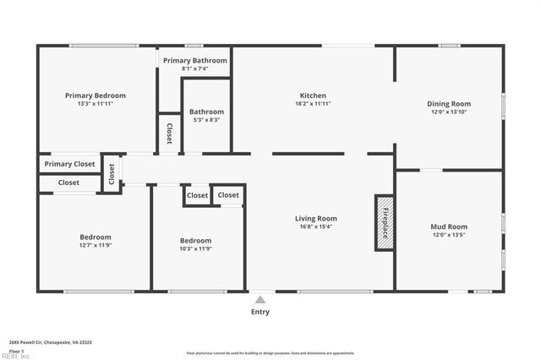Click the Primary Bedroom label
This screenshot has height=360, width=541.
click(96, 95)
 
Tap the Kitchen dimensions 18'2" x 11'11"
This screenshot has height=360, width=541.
click(313, 104)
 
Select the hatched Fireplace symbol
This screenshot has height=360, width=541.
click(385, 222)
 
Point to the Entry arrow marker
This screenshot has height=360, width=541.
click(260, 298)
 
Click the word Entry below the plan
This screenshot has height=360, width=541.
click(260, 312)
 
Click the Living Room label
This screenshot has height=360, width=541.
click(315, 218)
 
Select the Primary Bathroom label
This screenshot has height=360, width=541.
click(195, 61)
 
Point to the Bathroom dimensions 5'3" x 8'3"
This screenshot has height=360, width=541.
click(206, 121)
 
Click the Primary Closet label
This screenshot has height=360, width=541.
click(69, 164)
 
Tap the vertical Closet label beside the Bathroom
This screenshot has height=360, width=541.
click(169, 134)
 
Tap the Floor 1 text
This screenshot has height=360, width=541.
click(15, 351)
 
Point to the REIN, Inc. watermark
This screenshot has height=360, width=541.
click(15, 357)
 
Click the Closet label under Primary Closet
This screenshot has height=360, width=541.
click(68, 183)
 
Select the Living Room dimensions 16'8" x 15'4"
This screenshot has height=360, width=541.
click(315, 226)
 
